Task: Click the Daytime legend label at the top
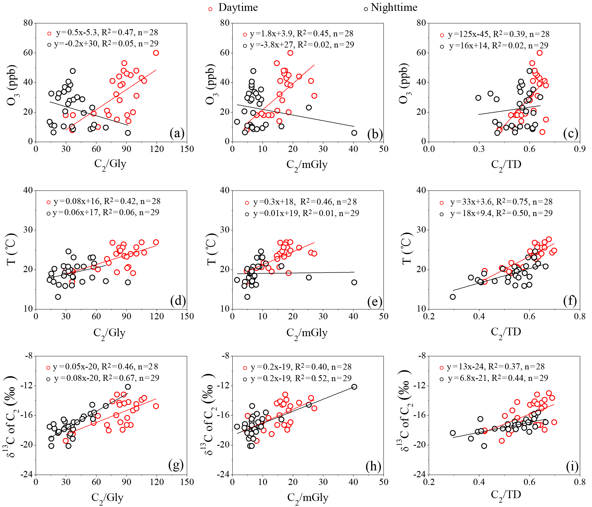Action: [x=238, y=8]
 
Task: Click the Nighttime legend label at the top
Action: [x=394, y=8]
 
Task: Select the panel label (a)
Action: [x=177, y=133]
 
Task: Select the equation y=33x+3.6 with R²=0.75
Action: [x=501, y=202]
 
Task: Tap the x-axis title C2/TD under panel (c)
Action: [x=506, y=165]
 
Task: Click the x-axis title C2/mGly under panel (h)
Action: [x=308, y=498]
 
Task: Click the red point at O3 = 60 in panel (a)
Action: [x=156, y=53]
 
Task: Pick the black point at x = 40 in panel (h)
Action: [x=354, y=387]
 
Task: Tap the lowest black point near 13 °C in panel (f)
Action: [x=453, y=297]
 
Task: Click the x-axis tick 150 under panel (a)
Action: [x=187, y=149]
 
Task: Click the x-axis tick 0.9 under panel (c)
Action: [x=580, y=149]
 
